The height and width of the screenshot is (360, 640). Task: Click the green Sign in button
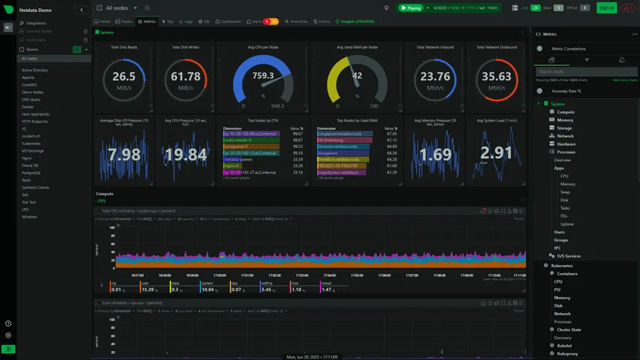coord(606,7)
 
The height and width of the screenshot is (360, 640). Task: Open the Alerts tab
coord(256,22)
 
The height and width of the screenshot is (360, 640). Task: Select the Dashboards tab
coord(229,22)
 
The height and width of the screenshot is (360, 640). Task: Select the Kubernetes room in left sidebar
coord(31,143)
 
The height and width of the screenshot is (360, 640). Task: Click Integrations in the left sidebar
coord(36,23)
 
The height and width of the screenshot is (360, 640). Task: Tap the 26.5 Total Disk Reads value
coord(124,77)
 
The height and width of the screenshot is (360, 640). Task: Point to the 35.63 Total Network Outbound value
coord(496,77)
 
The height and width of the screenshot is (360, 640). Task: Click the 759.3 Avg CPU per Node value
coord(263,76)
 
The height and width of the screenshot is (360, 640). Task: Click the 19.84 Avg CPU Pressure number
coord(185,154)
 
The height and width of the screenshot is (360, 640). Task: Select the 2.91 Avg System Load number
coord(496,152)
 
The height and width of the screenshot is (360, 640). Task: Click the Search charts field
coord(586,71)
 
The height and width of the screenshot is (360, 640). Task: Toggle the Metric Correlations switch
coord(540,48)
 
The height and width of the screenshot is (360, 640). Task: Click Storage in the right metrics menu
coord(565,128)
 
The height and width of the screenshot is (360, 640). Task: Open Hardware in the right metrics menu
coord(566,144)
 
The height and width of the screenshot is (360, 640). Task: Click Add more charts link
coord(624,80)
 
